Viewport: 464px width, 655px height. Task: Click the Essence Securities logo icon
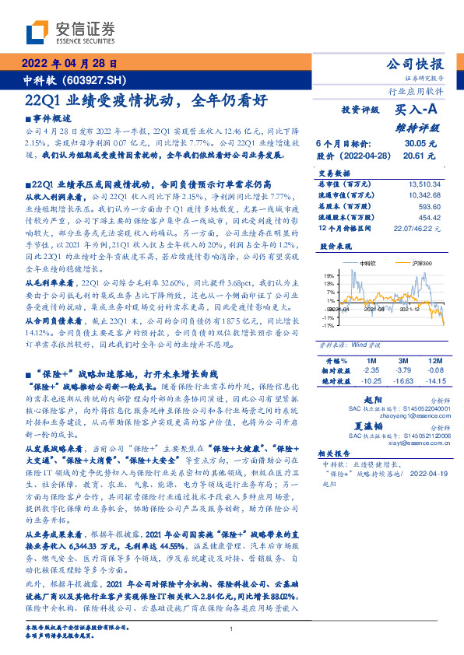37,31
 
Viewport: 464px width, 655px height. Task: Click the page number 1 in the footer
232,629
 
